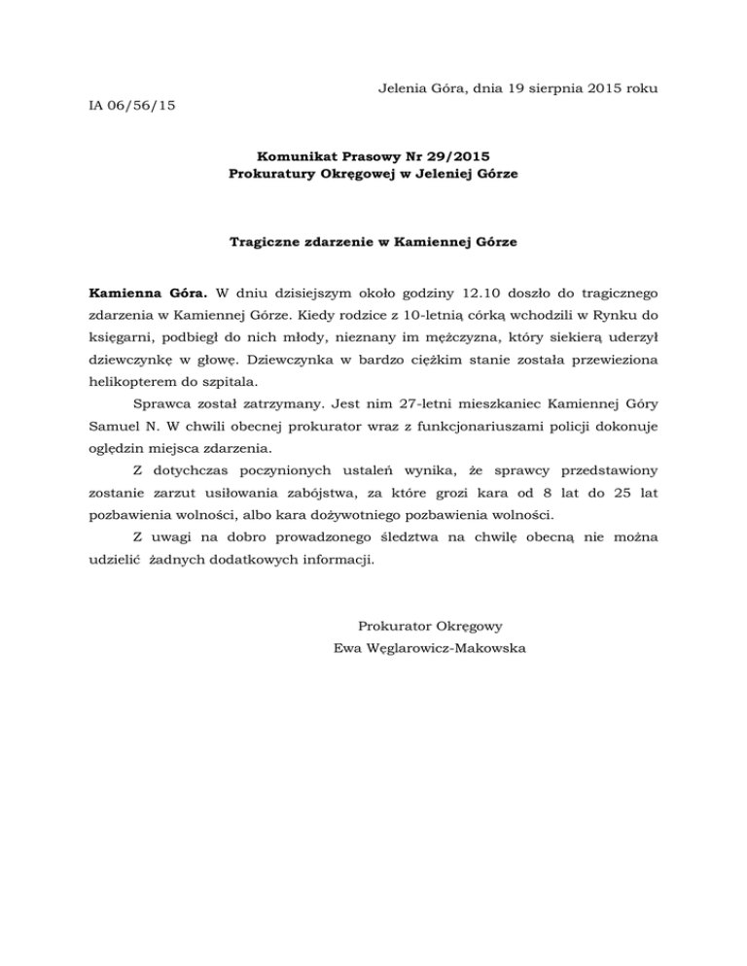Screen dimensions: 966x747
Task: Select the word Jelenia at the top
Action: [x=399, y=88]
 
